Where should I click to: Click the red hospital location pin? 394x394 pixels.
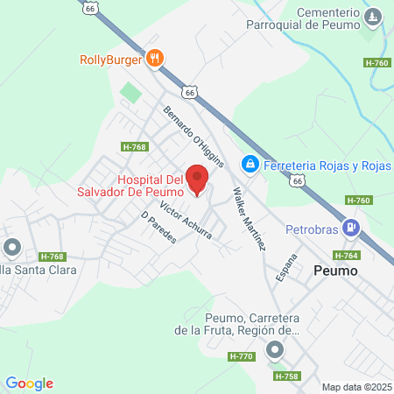point(197,179)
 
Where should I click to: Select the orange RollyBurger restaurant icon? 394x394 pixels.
point(155,60)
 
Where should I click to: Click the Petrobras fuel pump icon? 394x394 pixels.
point(352,227)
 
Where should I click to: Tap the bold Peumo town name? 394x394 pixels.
point(336,271)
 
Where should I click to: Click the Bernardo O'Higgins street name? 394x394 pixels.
point(194,137)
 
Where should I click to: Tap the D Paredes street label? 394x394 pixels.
point(158,227)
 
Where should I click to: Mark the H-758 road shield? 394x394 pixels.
point(285,376)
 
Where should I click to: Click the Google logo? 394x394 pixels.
point(30,383)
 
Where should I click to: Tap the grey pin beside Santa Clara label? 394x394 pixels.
point(12,248)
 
